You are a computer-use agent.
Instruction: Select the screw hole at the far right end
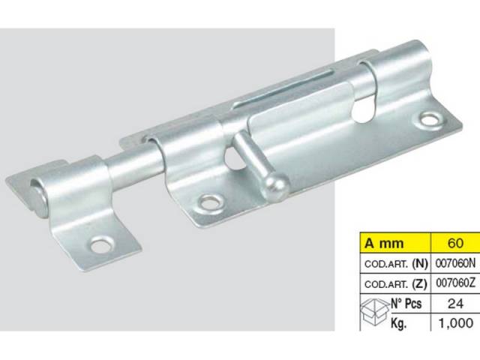[430, 118]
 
